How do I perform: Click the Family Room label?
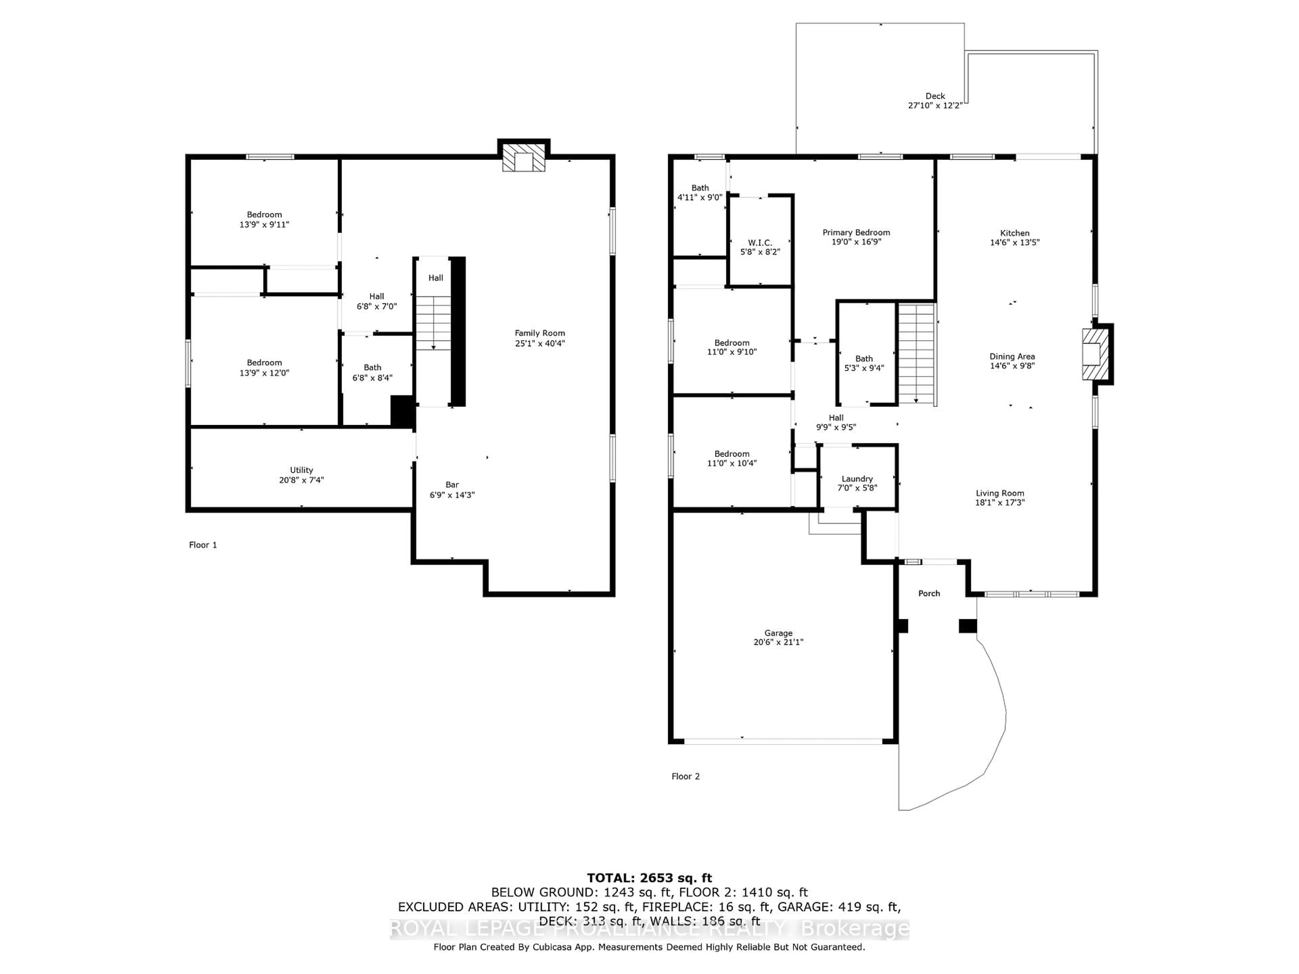[x=539, y=333]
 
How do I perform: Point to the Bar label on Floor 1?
[x=452, y=484]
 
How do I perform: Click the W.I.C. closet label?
[x=760, y=242]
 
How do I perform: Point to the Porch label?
[x=929, y=594]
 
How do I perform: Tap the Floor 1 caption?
[x=203, y=545]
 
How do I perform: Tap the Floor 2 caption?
[x=685, y=776]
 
